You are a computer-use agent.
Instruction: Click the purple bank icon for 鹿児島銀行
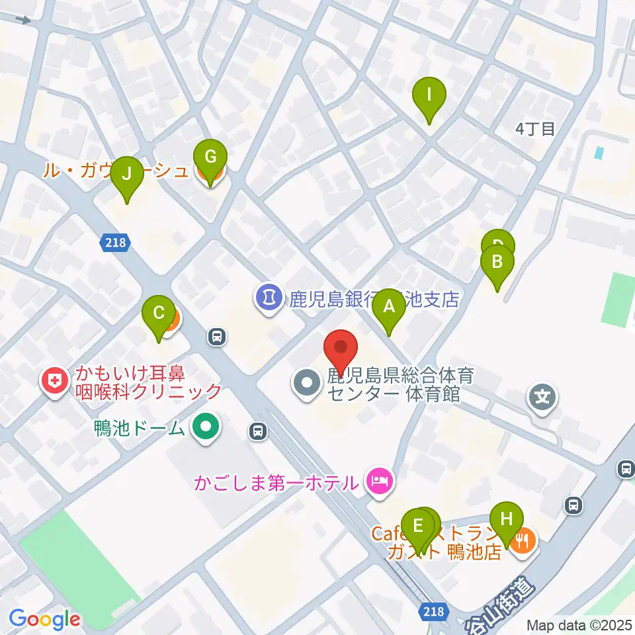267,297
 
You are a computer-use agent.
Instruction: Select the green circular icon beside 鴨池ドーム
205,427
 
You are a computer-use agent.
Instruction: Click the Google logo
44,619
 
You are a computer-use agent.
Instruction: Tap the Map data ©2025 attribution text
578,624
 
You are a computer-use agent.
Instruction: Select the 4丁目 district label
535,129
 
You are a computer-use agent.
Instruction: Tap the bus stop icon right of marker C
216,337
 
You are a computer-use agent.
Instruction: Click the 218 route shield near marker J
114,243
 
